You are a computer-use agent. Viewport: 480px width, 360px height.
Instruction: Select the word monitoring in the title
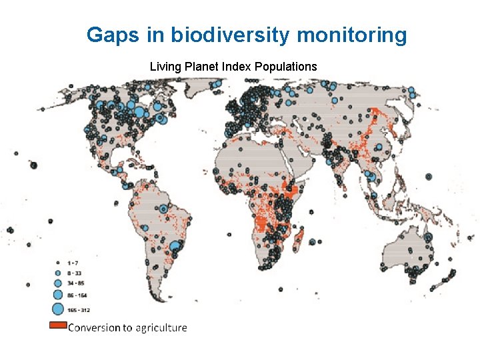tap(351, 35)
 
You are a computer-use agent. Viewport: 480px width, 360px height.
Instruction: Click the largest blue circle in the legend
tap(57, 309)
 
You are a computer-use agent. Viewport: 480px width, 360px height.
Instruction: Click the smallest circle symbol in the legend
tap(57, 263)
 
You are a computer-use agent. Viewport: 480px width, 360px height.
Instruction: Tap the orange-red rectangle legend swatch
tap(58, 326)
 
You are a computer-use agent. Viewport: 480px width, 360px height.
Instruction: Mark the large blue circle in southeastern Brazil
tap(175, 247)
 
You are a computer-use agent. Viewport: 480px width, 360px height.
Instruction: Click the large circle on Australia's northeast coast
tap(427, 237)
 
